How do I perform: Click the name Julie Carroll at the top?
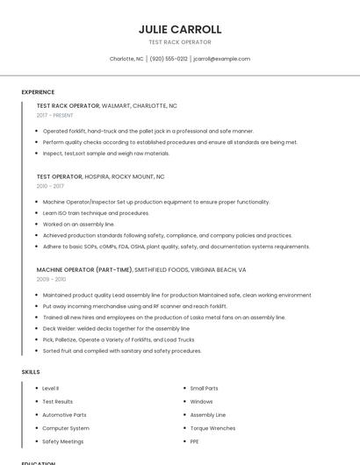click(x=179, y=29)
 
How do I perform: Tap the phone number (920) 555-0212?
click(x=169, y=59)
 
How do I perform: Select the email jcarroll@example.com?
click(x=221, y=59)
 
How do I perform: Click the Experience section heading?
click(x=38, y=92)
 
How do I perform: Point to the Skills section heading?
click(x=31, y=372)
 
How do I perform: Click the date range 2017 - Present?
click(x=55, y=115)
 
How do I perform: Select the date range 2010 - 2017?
click(x=50, y=186)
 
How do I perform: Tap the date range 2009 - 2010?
click(x=51, y=279)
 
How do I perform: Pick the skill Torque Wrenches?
click(x=212, y=428)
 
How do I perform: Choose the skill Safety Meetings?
click(x=63, y=441)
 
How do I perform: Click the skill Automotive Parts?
click(x=64, y=414)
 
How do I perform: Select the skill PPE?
click(x=195, y=441)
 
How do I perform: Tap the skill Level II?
click(x=50, y=388)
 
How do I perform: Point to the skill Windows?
click(x=201, y=401)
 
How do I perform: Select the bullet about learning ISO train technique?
click(x=96, y=213)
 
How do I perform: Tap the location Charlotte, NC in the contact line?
click(x=126, y=59)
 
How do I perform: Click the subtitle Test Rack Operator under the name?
click(x=179, y=42)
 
